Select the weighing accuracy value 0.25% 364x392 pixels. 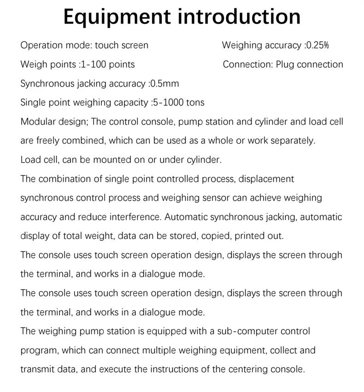point(317,45)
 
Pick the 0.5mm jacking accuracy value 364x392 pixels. point(164,83)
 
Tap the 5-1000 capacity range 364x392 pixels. point(171,102)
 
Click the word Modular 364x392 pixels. point(38,122)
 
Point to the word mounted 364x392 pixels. point(110,160)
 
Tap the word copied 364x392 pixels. point(215,236)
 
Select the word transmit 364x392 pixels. point(37,369)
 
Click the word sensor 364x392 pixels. point(216,198)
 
